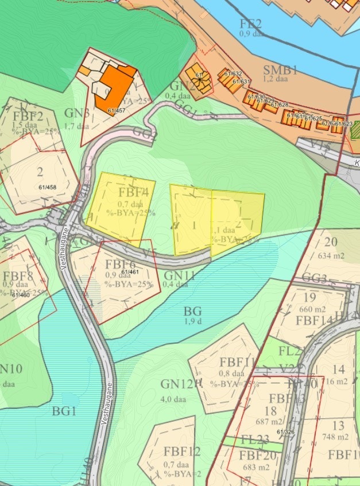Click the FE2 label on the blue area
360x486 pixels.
pyautogui.click(x=250, y=24)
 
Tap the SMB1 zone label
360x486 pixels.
pyautogui.click(x=280, y=71)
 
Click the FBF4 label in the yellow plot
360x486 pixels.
pyautogui.click(x=134, y=193)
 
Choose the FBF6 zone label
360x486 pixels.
pyautogui.click(x=121, y=265)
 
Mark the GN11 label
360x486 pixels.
pyautogui.click(x=179, y=275)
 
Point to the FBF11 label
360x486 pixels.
pyautogui.click(x=237, y=363)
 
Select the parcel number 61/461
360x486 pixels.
pyautogui.click(x=130, y=271)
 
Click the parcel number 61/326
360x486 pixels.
pyautogui.click(x=285, y=431)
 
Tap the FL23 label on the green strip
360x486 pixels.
pyautogui.click(x=255, y=440)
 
